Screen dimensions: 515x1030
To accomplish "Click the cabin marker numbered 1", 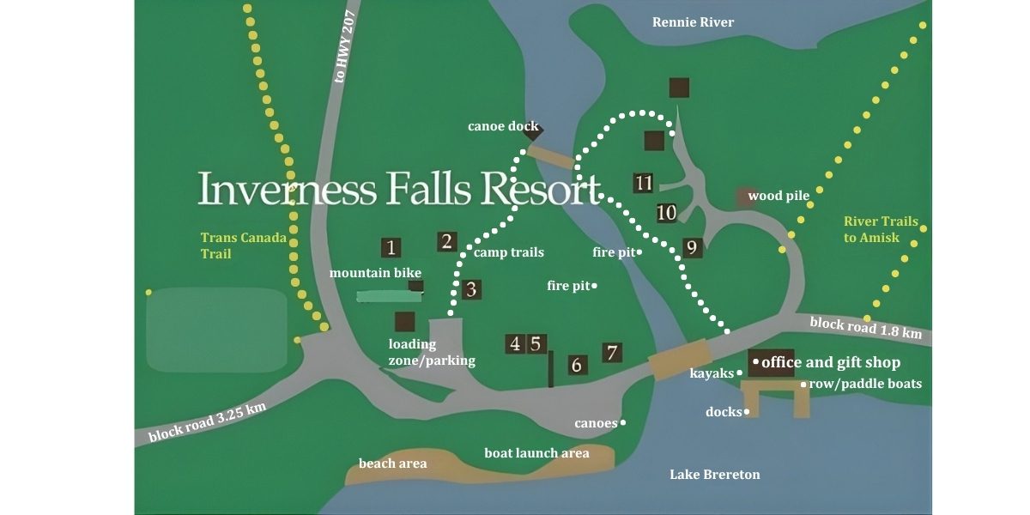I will point(391,248).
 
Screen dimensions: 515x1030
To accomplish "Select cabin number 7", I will point(612,352).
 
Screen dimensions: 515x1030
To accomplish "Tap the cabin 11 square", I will point(644,183).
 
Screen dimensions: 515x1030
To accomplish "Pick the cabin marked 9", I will point(692,248).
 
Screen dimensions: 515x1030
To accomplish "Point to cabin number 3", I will point(470,289).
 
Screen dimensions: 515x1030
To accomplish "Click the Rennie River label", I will point(693,22).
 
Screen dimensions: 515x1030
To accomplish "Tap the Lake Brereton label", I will point(714,475).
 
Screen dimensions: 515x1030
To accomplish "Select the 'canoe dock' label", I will point(503,126).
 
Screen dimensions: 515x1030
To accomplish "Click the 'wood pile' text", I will point(779,196).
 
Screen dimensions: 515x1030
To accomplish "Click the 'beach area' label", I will point(392,463).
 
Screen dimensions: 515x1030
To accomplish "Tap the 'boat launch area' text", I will point(536,452).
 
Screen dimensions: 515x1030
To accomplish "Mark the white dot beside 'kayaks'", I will point(739,373).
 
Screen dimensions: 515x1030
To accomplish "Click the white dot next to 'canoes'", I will point(623,422).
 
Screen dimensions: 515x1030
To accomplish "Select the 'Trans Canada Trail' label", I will point(243,245).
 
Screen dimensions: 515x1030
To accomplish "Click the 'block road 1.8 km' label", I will point(865,327).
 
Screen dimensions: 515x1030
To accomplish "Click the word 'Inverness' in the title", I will point(288,189).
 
